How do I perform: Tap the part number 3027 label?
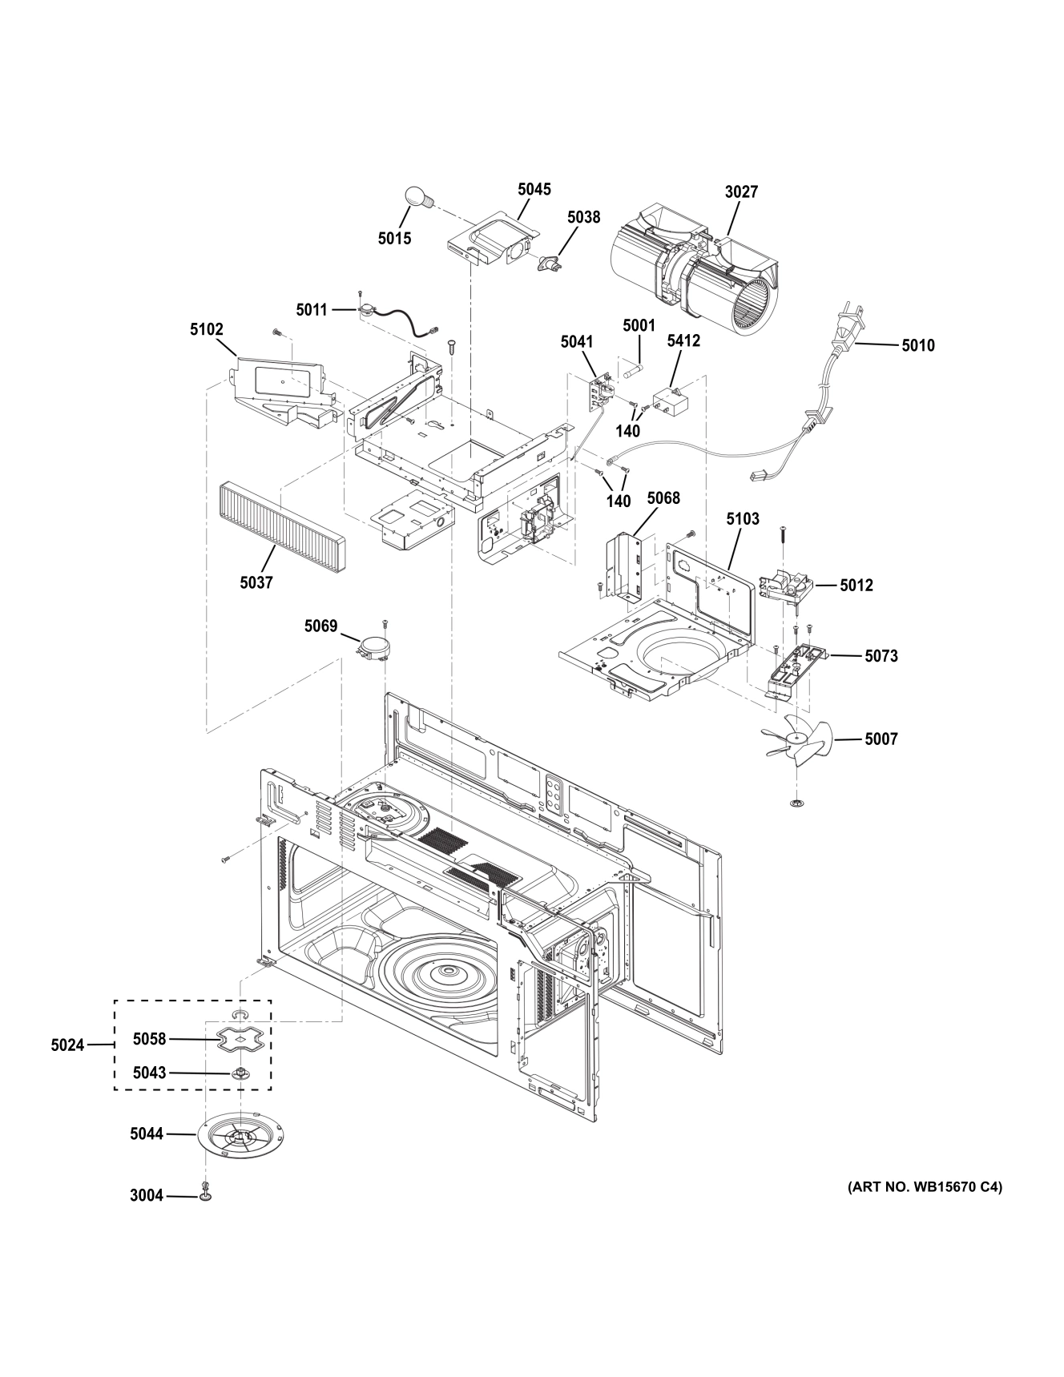coord(741,192)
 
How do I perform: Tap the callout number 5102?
coord(207,329)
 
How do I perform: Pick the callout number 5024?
coord(67,1045)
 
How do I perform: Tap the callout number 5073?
coord(881,656)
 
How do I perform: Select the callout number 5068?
coord(663,498)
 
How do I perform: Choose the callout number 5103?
coord(743,519)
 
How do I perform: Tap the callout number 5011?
coord(312,309)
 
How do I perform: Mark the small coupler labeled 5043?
coord(239,1073)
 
